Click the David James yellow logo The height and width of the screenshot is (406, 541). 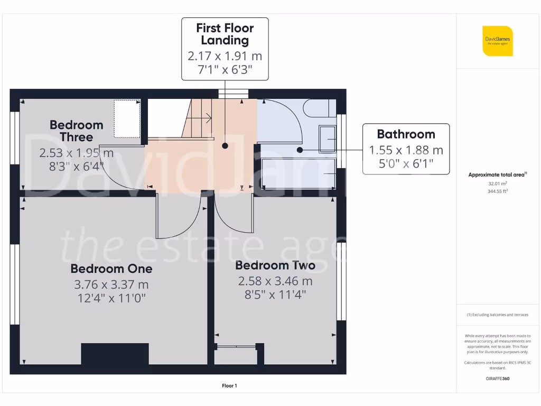pos(497,41)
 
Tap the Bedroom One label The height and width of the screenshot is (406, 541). pos(111,269)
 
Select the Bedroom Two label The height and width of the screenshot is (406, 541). pos(275,265)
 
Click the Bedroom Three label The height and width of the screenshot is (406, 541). pos(76,131)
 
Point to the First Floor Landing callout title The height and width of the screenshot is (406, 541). pos(225,34)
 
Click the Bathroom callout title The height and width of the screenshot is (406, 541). pos(406,134)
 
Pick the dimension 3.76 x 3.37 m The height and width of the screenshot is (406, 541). pos(111,285)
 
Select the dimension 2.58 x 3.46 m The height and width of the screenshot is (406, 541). pos(275,281)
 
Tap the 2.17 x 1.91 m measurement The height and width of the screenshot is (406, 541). pos(225,56)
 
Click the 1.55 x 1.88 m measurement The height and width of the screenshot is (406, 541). pos(406,150)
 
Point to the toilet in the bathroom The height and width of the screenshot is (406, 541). pos(317,108)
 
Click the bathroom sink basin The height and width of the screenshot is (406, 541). pos(327,139)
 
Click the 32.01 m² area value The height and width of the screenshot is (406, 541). pos(494,183)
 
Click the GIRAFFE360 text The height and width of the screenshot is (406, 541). pos(498,379)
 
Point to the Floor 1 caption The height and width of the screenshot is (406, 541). pos(229,386)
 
